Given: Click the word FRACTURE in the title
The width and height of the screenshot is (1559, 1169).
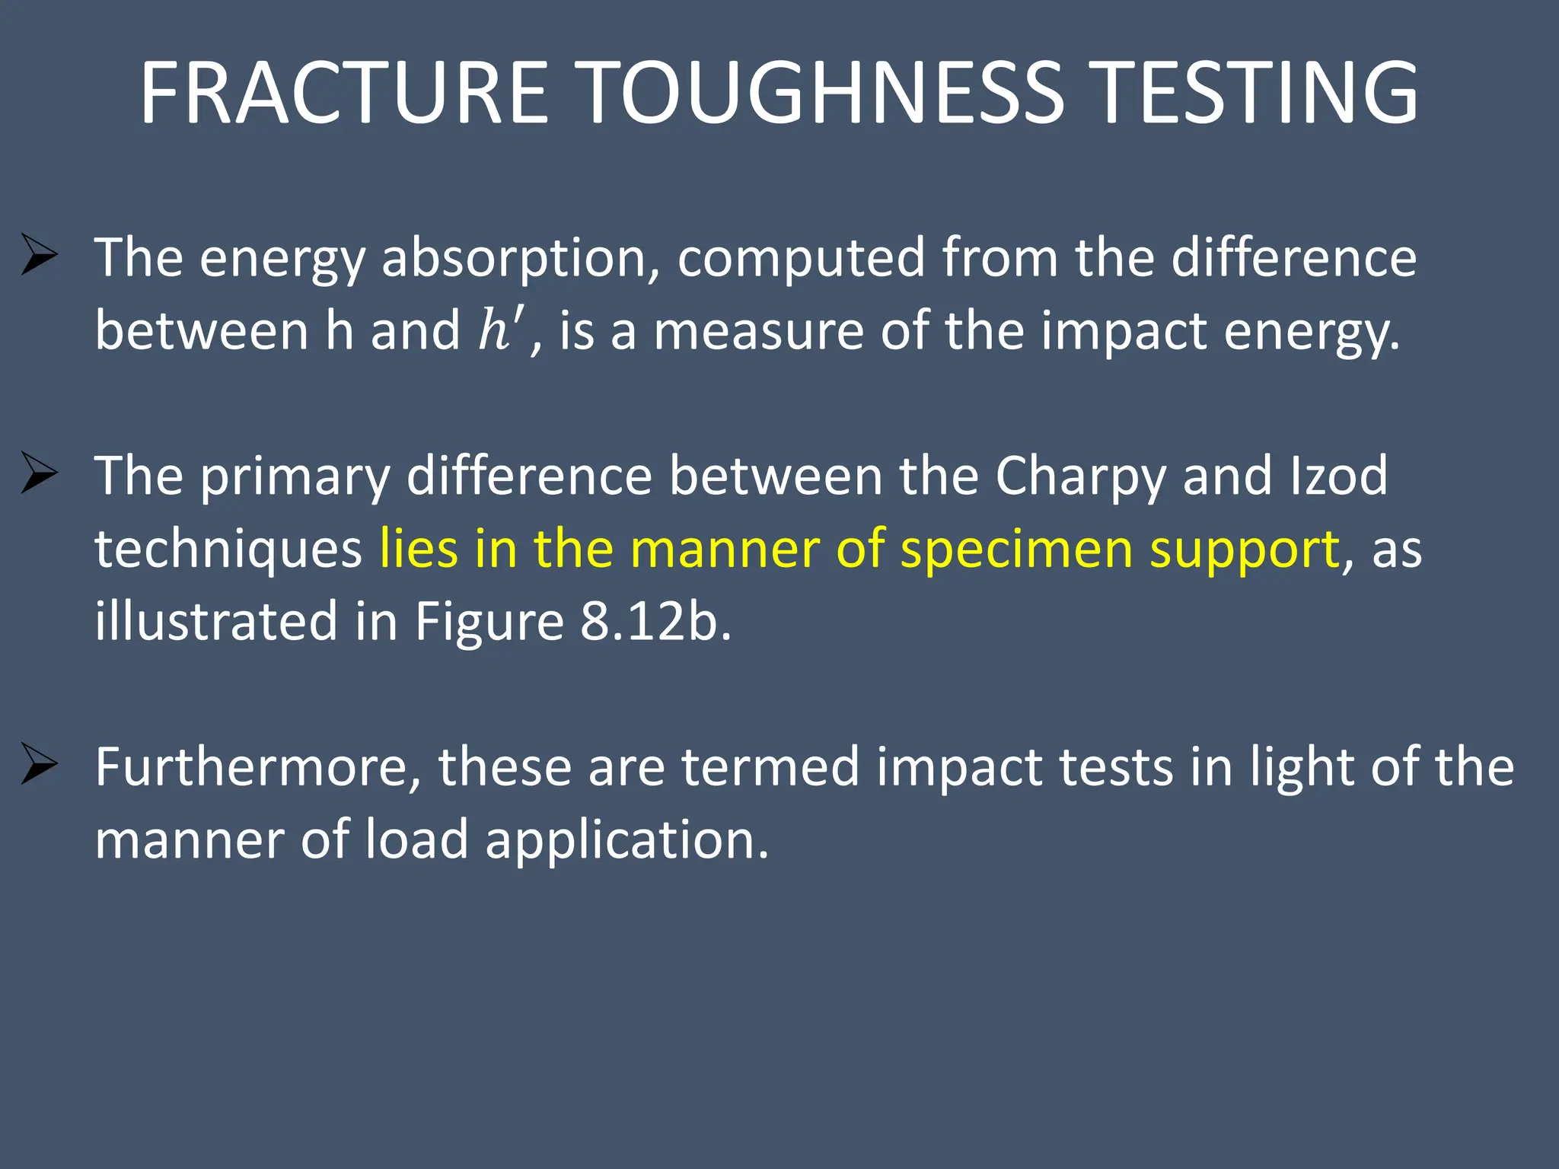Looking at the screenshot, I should click(x=344, y=93).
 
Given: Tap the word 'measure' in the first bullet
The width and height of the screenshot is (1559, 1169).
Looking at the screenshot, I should click(x=759, y=332).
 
